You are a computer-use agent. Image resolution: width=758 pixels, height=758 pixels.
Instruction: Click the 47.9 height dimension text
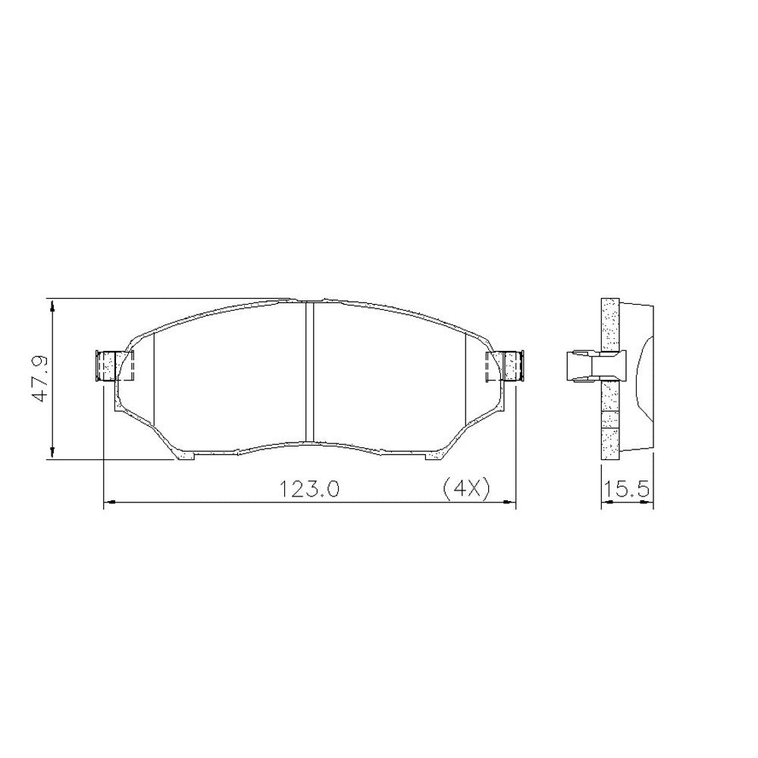click(40, 378)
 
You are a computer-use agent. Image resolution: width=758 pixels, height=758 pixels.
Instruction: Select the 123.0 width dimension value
click(309, 489)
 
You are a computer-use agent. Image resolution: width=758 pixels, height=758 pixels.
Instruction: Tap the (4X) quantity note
click(466, 489)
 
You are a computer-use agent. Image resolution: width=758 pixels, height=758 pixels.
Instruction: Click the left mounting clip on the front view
click(114, 366)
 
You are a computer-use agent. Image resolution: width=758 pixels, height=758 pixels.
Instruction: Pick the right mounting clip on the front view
click(505, 366)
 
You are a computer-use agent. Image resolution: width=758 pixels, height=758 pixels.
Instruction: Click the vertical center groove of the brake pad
click(310, 371)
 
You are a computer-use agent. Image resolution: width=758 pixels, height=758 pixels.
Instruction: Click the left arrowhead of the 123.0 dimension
click(111, 503)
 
